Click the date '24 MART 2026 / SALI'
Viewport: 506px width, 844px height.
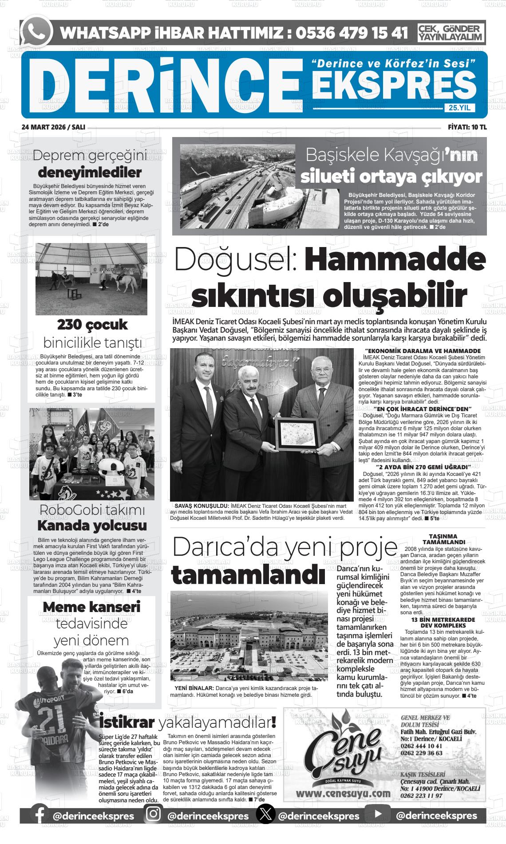pos(53,127)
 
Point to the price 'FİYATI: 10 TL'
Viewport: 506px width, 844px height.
pos(467,127)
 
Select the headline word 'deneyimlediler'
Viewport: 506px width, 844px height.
pos(90,173)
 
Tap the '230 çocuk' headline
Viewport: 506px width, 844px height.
pos(92,325)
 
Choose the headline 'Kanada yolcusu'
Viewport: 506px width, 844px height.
pos(92,526)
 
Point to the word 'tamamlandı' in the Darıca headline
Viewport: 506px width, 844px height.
pos(248,575)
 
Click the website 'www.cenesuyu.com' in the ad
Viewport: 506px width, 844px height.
pos(340,793)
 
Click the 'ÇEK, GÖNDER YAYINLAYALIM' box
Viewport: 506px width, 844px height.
pos(451,33)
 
